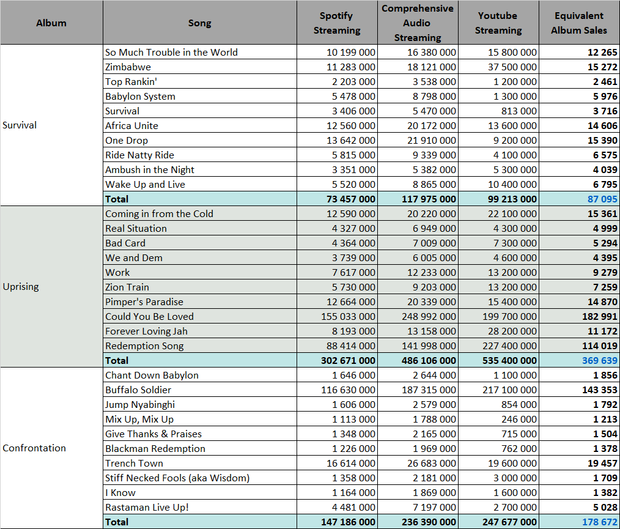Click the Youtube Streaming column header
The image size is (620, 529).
(498, 23)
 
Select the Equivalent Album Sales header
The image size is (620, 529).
(579, 23)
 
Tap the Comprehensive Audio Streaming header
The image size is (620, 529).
(418, 23)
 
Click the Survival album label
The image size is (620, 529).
(20, 125)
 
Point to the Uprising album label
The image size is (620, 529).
(21, 287)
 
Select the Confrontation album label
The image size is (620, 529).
(34, 448)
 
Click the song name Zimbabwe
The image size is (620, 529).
(128, 67)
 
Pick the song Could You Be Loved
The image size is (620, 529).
(149, 317)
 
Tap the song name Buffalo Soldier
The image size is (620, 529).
(138, 390)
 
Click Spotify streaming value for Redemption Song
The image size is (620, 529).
(351, 346)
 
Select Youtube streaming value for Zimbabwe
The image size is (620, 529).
(512, 67)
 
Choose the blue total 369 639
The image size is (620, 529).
(599, 361)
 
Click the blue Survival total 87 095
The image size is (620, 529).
(602, 199)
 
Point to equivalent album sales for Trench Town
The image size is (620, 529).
(602, 464)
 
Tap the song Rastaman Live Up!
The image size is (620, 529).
(147, 508)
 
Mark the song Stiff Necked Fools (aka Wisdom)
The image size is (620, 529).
(177, 478)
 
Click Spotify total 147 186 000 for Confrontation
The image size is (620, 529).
(348, 522)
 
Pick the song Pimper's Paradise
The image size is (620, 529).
(144, 302)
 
